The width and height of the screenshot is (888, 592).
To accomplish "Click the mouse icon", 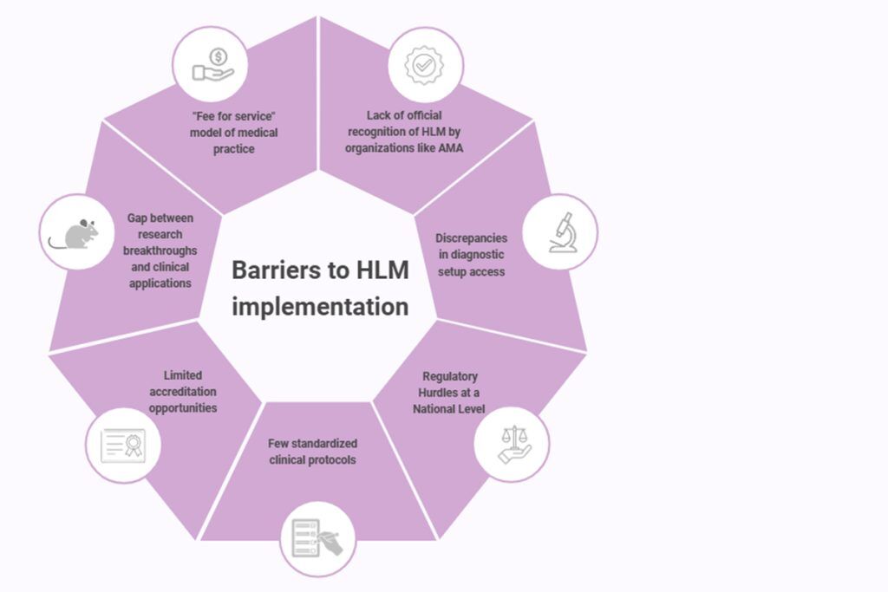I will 75,232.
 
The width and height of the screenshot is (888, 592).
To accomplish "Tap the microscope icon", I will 560,232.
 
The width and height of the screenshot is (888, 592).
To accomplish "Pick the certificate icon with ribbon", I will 123,445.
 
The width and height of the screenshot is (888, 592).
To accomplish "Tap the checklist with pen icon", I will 317,538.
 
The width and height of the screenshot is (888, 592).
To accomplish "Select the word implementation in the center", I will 320,307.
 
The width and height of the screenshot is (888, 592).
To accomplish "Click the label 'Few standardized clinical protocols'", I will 312,452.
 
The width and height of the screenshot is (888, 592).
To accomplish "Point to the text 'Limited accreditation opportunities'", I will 183,392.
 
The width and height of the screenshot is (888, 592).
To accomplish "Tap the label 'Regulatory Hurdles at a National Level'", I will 449,393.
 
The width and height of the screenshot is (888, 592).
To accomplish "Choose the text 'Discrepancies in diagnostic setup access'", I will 471,255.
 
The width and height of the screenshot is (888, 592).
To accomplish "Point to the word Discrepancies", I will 472,238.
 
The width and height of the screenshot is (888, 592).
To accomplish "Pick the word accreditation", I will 183,392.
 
